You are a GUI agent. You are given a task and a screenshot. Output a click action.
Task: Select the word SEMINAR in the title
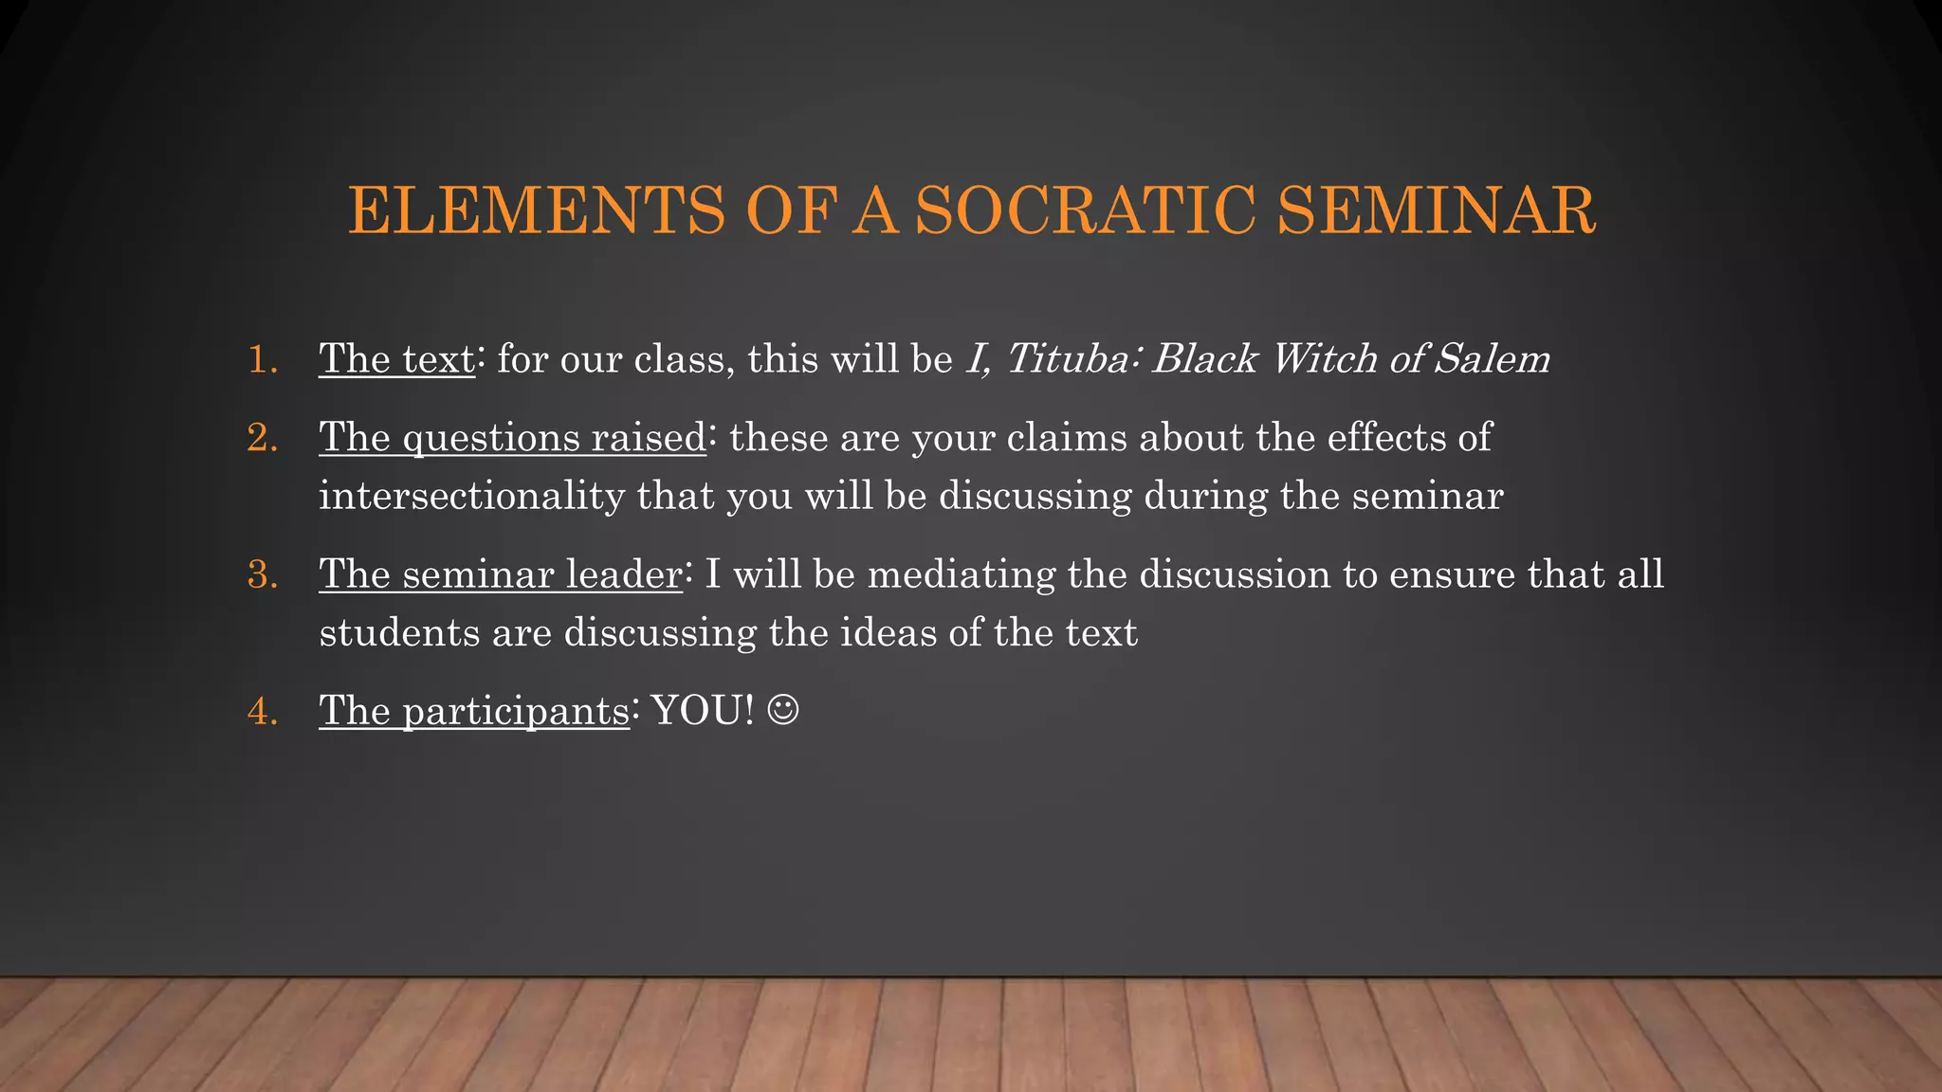coord(1436,210)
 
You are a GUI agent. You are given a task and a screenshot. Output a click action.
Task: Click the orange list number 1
coord(262,360)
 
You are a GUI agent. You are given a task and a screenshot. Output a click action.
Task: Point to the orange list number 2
coord(262,439)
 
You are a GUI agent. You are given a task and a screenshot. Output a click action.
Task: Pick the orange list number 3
coord(262,575)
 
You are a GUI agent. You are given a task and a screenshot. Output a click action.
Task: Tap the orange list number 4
coord(262,712)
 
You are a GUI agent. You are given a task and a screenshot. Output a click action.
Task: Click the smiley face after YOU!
coord(783,710)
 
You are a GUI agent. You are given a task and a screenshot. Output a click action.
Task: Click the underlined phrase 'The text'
coord(396,359)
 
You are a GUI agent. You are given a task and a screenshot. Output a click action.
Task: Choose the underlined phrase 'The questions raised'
coord(512,439)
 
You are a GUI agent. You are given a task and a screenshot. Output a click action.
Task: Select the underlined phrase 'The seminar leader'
coord(500,575)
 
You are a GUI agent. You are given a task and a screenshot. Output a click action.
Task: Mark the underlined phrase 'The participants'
coord(473,712)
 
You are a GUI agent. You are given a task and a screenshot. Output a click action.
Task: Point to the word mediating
coord(961,575)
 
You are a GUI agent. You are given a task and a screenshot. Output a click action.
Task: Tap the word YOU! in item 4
coord(703,711)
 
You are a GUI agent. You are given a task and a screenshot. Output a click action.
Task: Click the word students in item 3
coord(399,633)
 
